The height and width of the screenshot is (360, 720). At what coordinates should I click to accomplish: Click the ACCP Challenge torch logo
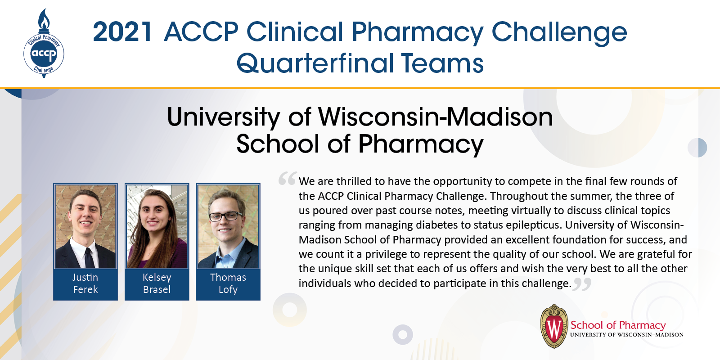(x=44, y=45)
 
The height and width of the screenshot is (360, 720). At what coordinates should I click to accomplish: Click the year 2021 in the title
(x=122, y=32)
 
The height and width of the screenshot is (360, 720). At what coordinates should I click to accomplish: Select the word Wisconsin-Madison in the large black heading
(x=435, y=117)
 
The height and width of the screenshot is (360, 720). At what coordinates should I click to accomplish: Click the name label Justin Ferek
(x=85, y=283)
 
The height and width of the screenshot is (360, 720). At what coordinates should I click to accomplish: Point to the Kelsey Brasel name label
(x=157, y=283)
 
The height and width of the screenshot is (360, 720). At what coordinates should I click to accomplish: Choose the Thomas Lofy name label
(x=228, y=283)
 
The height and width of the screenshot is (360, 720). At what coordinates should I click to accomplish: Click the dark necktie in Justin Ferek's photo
(x=89, y=256)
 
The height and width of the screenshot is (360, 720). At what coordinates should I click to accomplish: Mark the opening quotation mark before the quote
(x=287, y=179)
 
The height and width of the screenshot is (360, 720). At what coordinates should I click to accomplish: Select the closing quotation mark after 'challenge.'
(x=582, y=284)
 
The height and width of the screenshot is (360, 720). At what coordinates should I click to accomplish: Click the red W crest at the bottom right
(x=554, y=327)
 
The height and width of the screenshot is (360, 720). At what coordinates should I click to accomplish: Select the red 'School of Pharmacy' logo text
(x=618, y=325)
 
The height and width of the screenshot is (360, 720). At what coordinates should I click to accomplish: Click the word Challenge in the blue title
(x=559, y=32)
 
